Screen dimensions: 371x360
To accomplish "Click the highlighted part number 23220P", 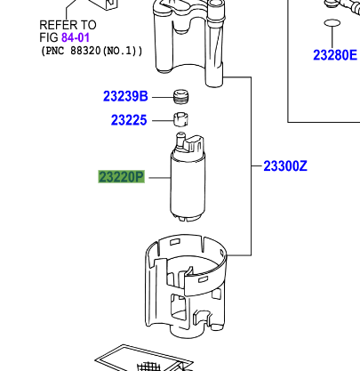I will pos(121,177).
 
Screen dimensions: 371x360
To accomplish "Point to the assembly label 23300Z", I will pos(285,165).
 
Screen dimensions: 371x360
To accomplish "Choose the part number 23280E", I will pos(334,55).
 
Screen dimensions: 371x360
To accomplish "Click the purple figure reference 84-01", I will pos(76,38).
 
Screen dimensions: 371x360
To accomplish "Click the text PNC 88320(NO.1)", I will pos(92,52).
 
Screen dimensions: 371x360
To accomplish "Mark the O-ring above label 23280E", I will pos(331,22).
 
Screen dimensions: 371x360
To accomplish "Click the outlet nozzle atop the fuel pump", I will pos(183,141).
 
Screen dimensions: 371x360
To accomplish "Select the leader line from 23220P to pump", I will pos(157,177).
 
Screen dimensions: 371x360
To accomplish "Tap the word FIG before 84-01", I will pos(49,38).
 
